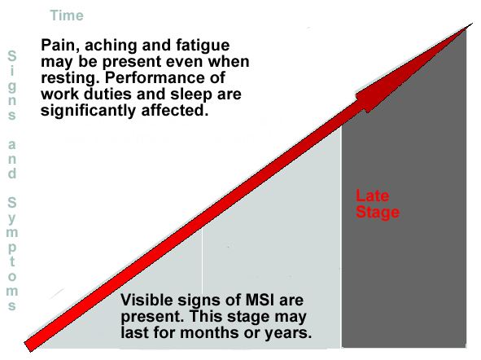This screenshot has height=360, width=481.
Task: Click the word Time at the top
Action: pyautogui.click(x=67, y=15)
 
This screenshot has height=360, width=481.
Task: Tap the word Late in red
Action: pyautogui.click(x=373, y=195)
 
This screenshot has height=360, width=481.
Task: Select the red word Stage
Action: pyautogui.click(x=378, y=213)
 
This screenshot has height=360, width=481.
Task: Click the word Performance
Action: pyautogui.click(x=165, y=77)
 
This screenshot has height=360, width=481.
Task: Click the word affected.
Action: pyautogui.click(x=175, y=110)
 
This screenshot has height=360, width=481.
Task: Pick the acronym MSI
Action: pyautogui.click(x=260, y=300)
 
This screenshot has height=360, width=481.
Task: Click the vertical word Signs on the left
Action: pyautogui.click(x=12, y=85)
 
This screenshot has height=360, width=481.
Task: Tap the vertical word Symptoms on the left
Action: pyautogui.click(x=12, y=253)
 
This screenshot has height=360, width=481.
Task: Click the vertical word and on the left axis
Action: pyautogui.click(x=12, y=160)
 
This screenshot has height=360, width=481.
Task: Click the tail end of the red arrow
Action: pyautogui.click(x=28, y=346)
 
